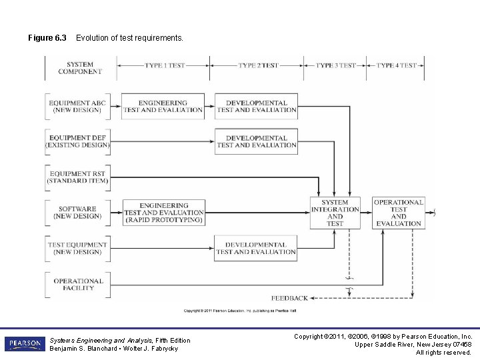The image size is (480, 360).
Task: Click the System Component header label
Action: [80, 68]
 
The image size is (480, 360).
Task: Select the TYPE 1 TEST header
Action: [165, 65]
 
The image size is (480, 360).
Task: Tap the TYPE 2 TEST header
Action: [258, 65]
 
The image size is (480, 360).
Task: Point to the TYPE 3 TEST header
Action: [336, 65]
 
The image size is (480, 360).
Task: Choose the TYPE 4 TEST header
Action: [397, 65]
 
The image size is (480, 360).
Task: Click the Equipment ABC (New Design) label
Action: [77, 107]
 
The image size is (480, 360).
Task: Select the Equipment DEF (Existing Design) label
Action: [77, 141]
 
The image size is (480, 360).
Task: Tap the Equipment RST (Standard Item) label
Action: [77, 177]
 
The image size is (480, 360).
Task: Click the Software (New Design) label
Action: [77, 212]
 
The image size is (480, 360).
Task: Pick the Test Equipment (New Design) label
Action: [77, 248]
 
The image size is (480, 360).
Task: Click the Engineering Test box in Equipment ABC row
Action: [163, 107]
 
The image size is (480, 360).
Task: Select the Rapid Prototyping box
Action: [163, 213]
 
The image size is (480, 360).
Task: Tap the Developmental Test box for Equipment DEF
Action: [256, 141]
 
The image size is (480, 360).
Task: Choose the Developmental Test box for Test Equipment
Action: [256, 248]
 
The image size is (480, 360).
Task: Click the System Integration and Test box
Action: [335, 213]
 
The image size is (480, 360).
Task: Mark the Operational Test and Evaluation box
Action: [399, 213]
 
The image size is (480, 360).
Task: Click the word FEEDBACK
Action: [290, 298]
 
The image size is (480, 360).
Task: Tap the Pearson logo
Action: [25, 344]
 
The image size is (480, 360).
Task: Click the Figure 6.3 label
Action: [47, 38]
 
